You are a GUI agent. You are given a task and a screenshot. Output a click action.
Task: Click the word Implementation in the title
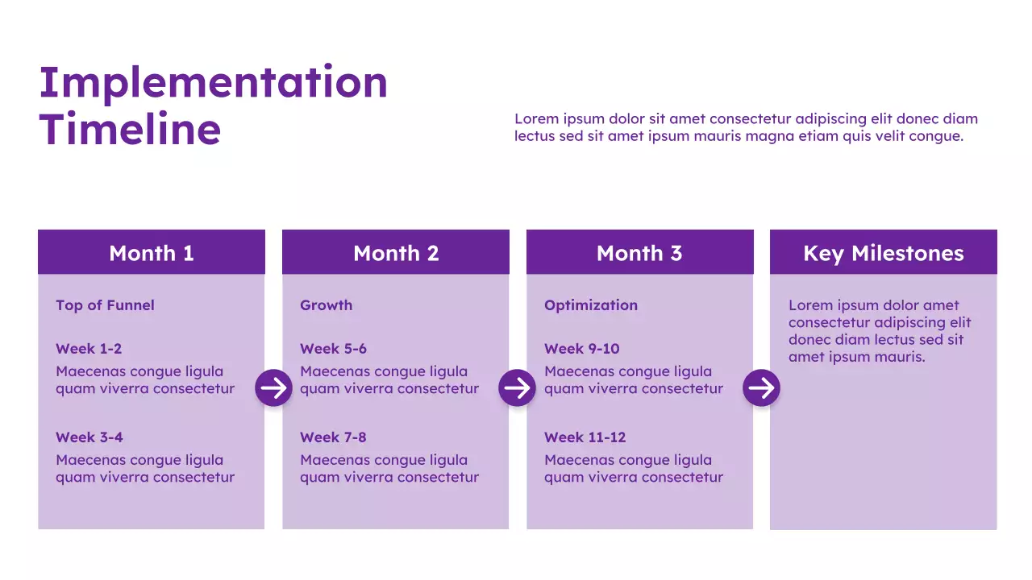213,84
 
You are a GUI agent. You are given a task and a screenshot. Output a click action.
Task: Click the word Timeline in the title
130,130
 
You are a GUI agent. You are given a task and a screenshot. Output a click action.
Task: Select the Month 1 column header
152,253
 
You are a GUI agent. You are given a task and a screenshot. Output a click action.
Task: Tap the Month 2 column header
396,253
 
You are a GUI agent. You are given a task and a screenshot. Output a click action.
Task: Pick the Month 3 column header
639,253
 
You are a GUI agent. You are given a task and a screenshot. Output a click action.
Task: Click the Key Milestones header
883,253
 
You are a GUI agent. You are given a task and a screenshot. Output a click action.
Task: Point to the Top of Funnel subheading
105,305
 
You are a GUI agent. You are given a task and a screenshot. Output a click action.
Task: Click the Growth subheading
326,305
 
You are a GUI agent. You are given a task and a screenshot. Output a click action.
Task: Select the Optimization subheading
590,305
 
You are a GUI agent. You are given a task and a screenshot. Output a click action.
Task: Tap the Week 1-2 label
89,349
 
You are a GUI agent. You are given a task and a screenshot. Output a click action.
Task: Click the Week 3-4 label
89,437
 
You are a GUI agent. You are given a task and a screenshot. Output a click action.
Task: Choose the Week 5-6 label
333,349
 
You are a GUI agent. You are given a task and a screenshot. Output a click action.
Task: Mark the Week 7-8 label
333,437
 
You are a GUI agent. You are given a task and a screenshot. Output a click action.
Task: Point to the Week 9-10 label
581,349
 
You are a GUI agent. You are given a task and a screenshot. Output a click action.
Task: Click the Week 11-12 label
585,437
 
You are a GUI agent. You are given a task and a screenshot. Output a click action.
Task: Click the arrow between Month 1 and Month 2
274,388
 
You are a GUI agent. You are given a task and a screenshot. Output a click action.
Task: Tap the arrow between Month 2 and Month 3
518,388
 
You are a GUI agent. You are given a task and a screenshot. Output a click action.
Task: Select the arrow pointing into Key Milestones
761,388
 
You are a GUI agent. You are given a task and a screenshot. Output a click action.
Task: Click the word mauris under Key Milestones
899,357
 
